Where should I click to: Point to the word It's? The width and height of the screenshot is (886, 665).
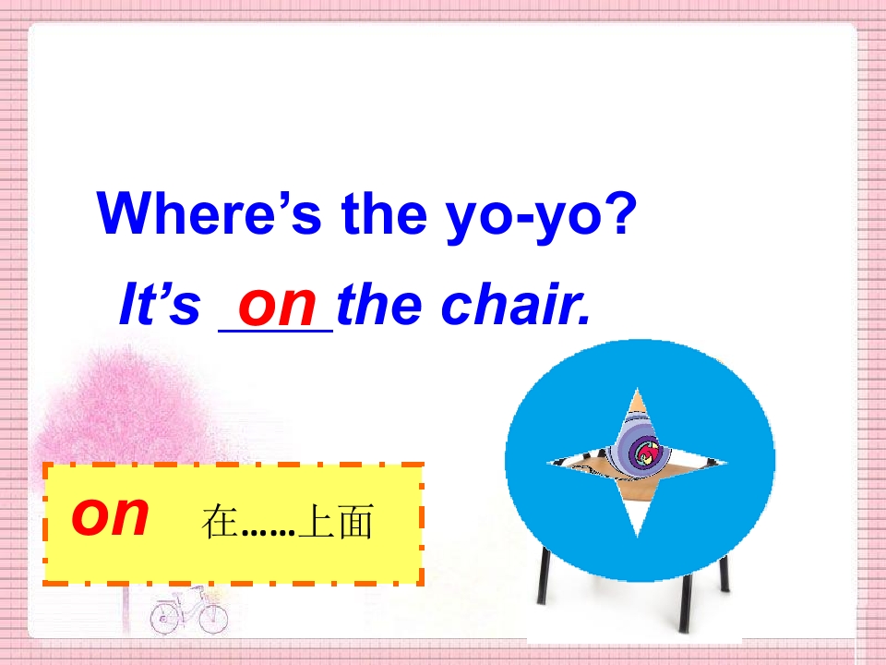pyautogui.click(x=160, y=306)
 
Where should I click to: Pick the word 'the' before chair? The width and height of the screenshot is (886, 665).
pyautogui.click(x=374, y=306)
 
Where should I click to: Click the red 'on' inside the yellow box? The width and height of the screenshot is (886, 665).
pyautogui.click(x=110, y=516)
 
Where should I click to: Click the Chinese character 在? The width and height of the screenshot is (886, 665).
pyautogui.click(x=220, y=524)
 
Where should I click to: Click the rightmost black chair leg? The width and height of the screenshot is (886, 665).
pyautogui.click(x=724, y=573)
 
